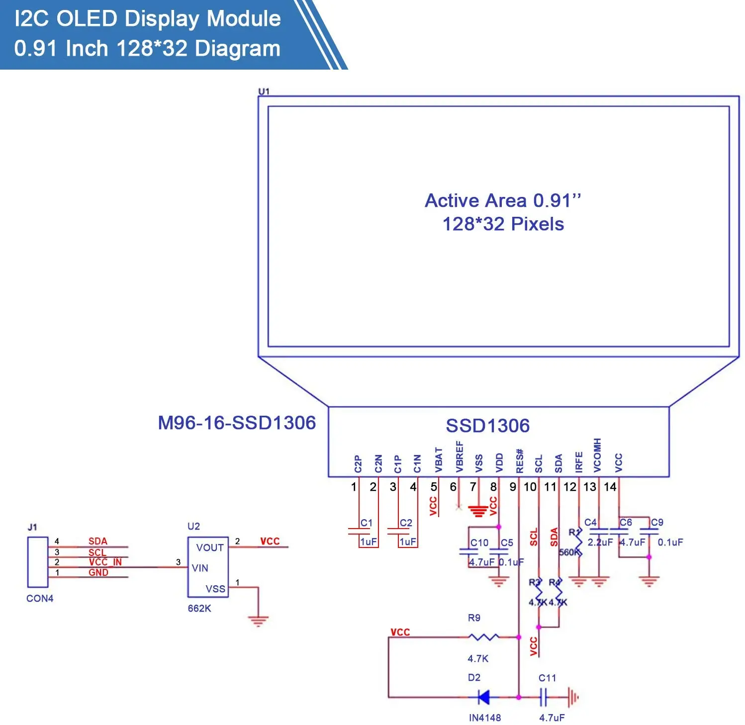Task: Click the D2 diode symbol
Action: pyautogui.click(x=483, y=697)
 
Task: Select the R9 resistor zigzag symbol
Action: pyautogui.click(x=483, y=636)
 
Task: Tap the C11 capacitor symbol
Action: pyautogui.click(x=544, y=697)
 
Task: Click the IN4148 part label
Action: pyautogui.click(x=484, y=718)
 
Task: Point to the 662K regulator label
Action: pyautogui.click(x=199, y=608)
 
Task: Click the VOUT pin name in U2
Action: pyautogui.click(x=210, y=547)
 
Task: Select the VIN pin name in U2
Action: pyautogui.click(x=200, y=568)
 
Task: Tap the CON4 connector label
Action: pyautogui.click(x=40, y=598)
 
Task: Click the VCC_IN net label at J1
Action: pyautogui.click(x=105, y=562)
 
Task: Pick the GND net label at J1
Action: pyautogui.click(x=98, y=572)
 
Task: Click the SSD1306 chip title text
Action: pyautogui.click(x=487, y=426)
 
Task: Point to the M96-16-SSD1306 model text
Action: pyautogui.click(x=237, y=423)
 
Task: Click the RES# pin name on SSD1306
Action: pyautogui.click(x=520, y=461)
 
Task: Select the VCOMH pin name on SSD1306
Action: pyautogui.click(x=597, y=455)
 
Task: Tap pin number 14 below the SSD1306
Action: pyautogui.click(x=610, y=486)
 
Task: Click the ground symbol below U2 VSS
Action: pyautogui.click(x=258, y=621)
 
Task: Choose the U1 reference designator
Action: pyautogui.click(x=264, y=91)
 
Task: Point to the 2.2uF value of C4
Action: pyautogui.click(x=600, y=542)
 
